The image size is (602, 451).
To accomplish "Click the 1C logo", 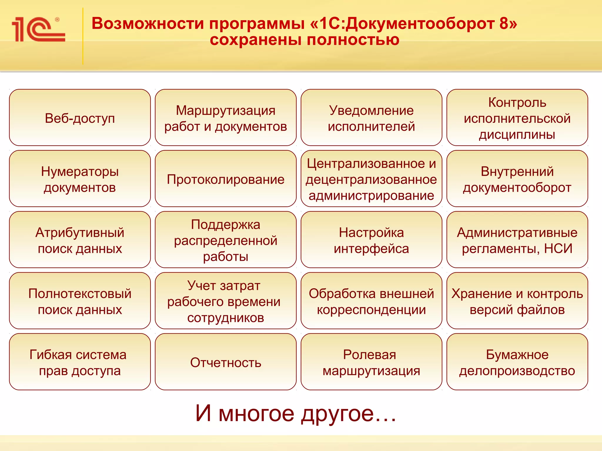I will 38,29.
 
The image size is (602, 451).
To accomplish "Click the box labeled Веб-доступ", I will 80,118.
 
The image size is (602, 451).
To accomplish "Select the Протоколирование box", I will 225,179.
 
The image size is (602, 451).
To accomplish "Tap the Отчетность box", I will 225,362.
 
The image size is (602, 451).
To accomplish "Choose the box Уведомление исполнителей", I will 371,118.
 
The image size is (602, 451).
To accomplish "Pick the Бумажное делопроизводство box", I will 517,362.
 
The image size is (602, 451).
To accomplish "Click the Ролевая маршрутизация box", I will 371,362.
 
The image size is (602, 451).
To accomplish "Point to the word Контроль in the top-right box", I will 517,102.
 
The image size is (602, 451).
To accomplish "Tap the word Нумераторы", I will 80,171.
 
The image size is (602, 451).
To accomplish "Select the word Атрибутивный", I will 80,233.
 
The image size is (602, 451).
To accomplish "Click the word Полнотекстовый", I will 80,294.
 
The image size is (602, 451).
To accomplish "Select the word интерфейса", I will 371,249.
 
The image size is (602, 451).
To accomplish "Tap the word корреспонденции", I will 371,310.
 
